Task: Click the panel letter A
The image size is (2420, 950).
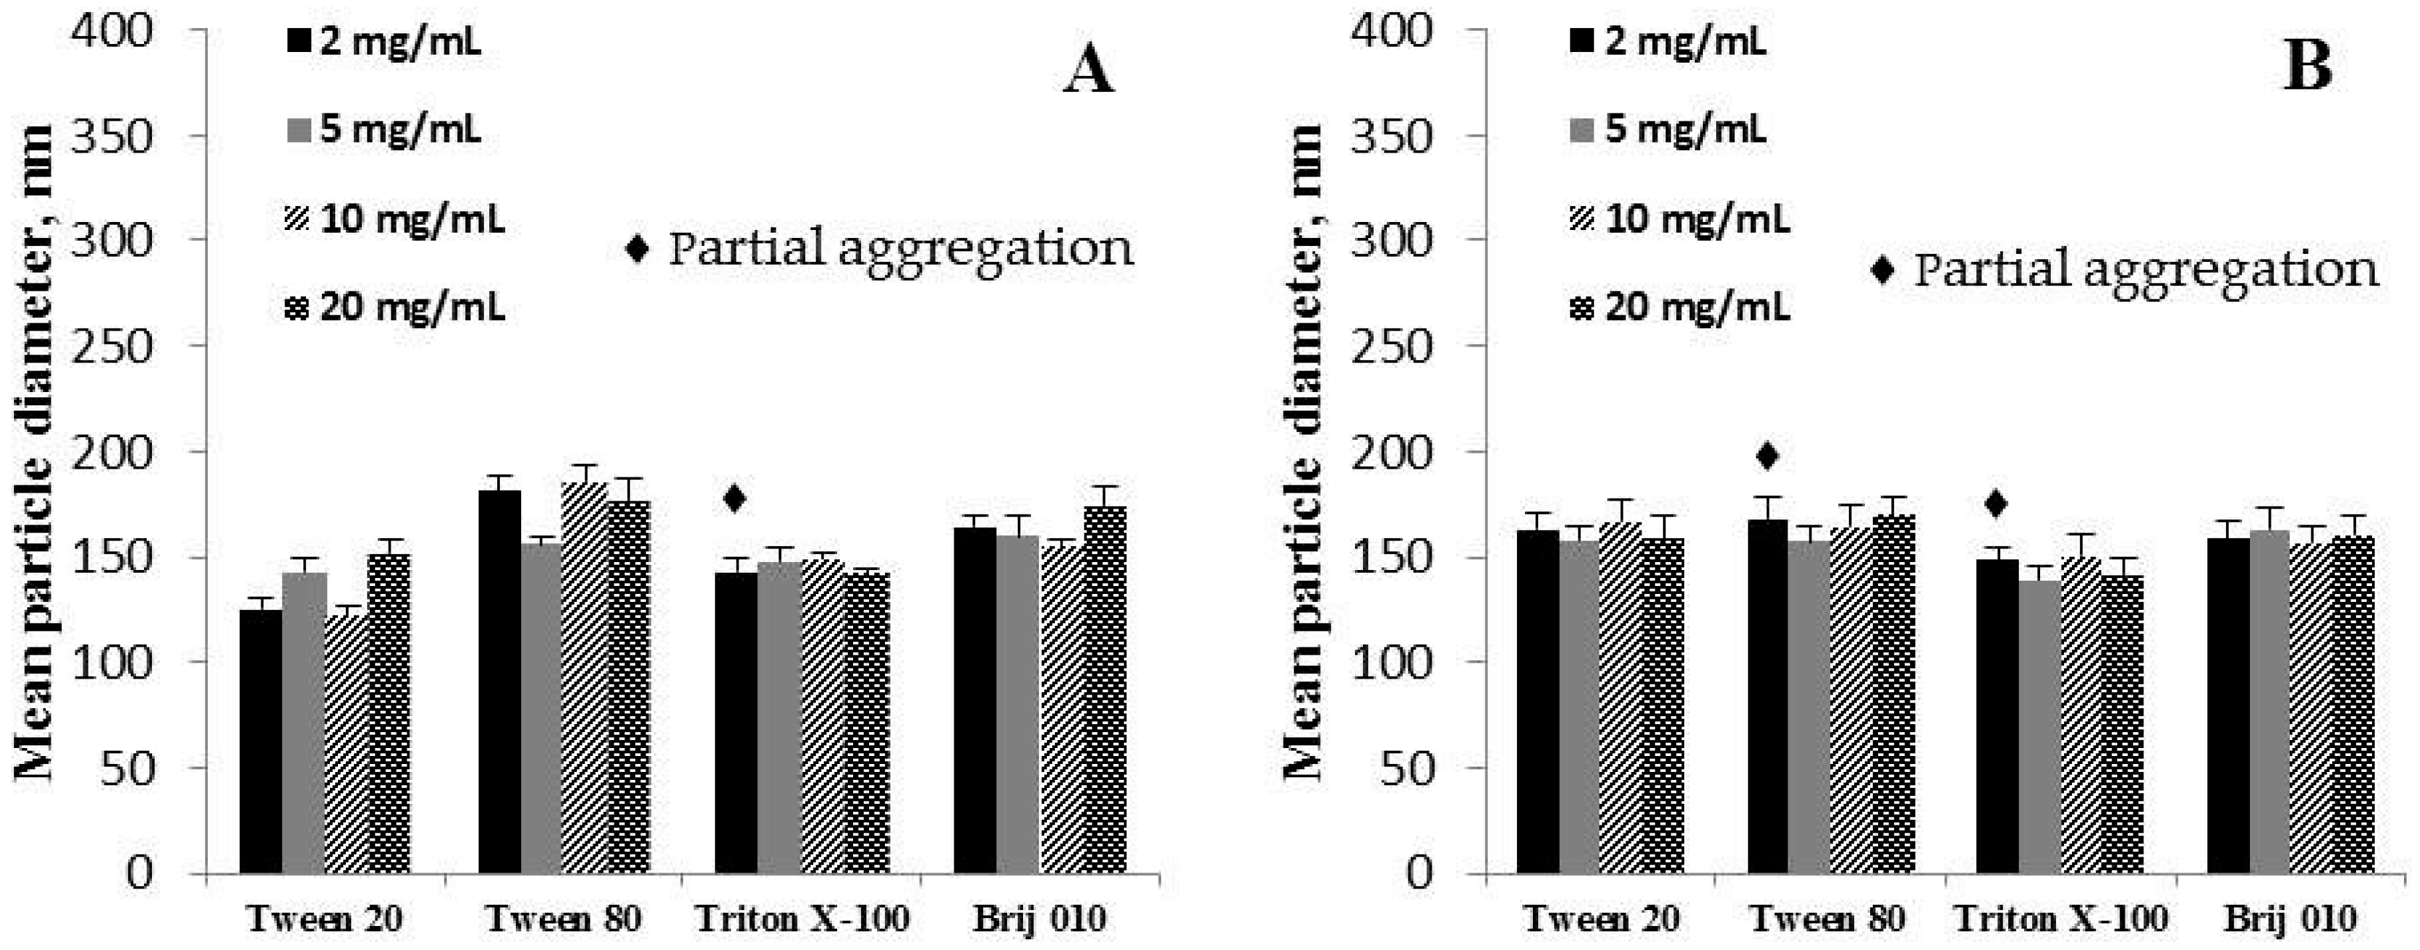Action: [1089, 71]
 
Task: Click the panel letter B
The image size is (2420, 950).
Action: [2307, 67]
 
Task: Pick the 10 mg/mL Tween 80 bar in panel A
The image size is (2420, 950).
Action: [583, 677]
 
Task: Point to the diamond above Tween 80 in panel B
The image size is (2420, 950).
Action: [1767, 457]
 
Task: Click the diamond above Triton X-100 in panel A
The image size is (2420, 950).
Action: [734, 498]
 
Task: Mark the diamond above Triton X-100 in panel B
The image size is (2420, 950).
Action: [1996, 505]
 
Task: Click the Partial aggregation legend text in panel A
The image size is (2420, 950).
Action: [900, 249]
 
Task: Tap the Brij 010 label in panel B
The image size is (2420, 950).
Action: [2290, 918]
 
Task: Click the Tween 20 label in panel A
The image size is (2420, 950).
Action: [325, 918]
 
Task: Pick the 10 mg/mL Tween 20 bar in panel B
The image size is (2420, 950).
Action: [1620, 700]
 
